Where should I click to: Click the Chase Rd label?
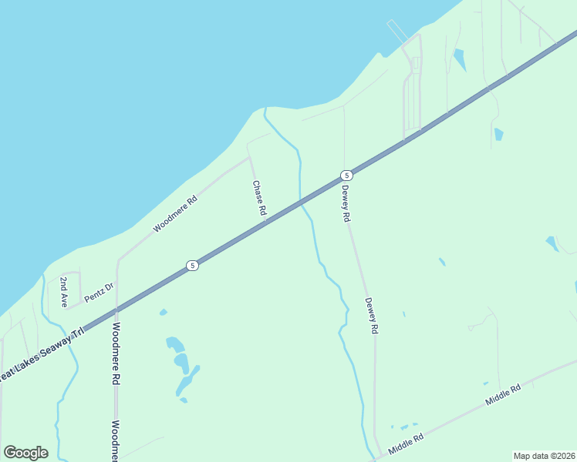tap(260, 198)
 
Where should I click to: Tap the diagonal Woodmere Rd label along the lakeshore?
tap(175, 214)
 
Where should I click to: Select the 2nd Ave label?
tap(65, 292)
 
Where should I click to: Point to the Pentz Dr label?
tap(99, 293)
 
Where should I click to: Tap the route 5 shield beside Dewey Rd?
tap(347, 175)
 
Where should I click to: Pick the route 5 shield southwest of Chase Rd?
tap(193, 266)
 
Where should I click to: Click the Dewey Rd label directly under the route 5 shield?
tap(346, 204)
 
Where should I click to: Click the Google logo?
tap(25, 453)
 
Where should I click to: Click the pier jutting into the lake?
tap(397, 32)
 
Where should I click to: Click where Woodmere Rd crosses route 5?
tap(116, 311)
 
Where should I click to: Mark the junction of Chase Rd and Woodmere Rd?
tap(249, 157)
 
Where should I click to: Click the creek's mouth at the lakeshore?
tap(265, 110)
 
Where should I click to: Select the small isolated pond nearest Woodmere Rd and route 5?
tap(163, 312)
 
